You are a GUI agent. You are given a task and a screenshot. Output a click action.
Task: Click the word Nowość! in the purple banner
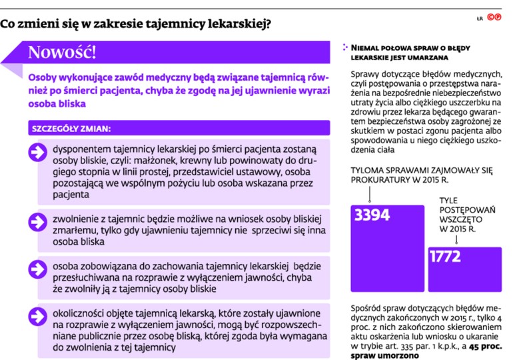tap(62, 52)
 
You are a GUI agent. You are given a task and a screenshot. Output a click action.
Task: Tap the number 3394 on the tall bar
tap(372, 215)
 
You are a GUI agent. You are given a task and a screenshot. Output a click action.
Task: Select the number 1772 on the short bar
tap(445, 257)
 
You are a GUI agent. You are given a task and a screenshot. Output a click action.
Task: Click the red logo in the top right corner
tap(494, 19)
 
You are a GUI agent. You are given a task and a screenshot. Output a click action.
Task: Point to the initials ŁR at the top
tap(479, 19)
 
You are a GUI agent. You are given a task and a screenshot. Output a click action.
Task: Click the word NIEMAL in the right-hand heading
tap(376, 48)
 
